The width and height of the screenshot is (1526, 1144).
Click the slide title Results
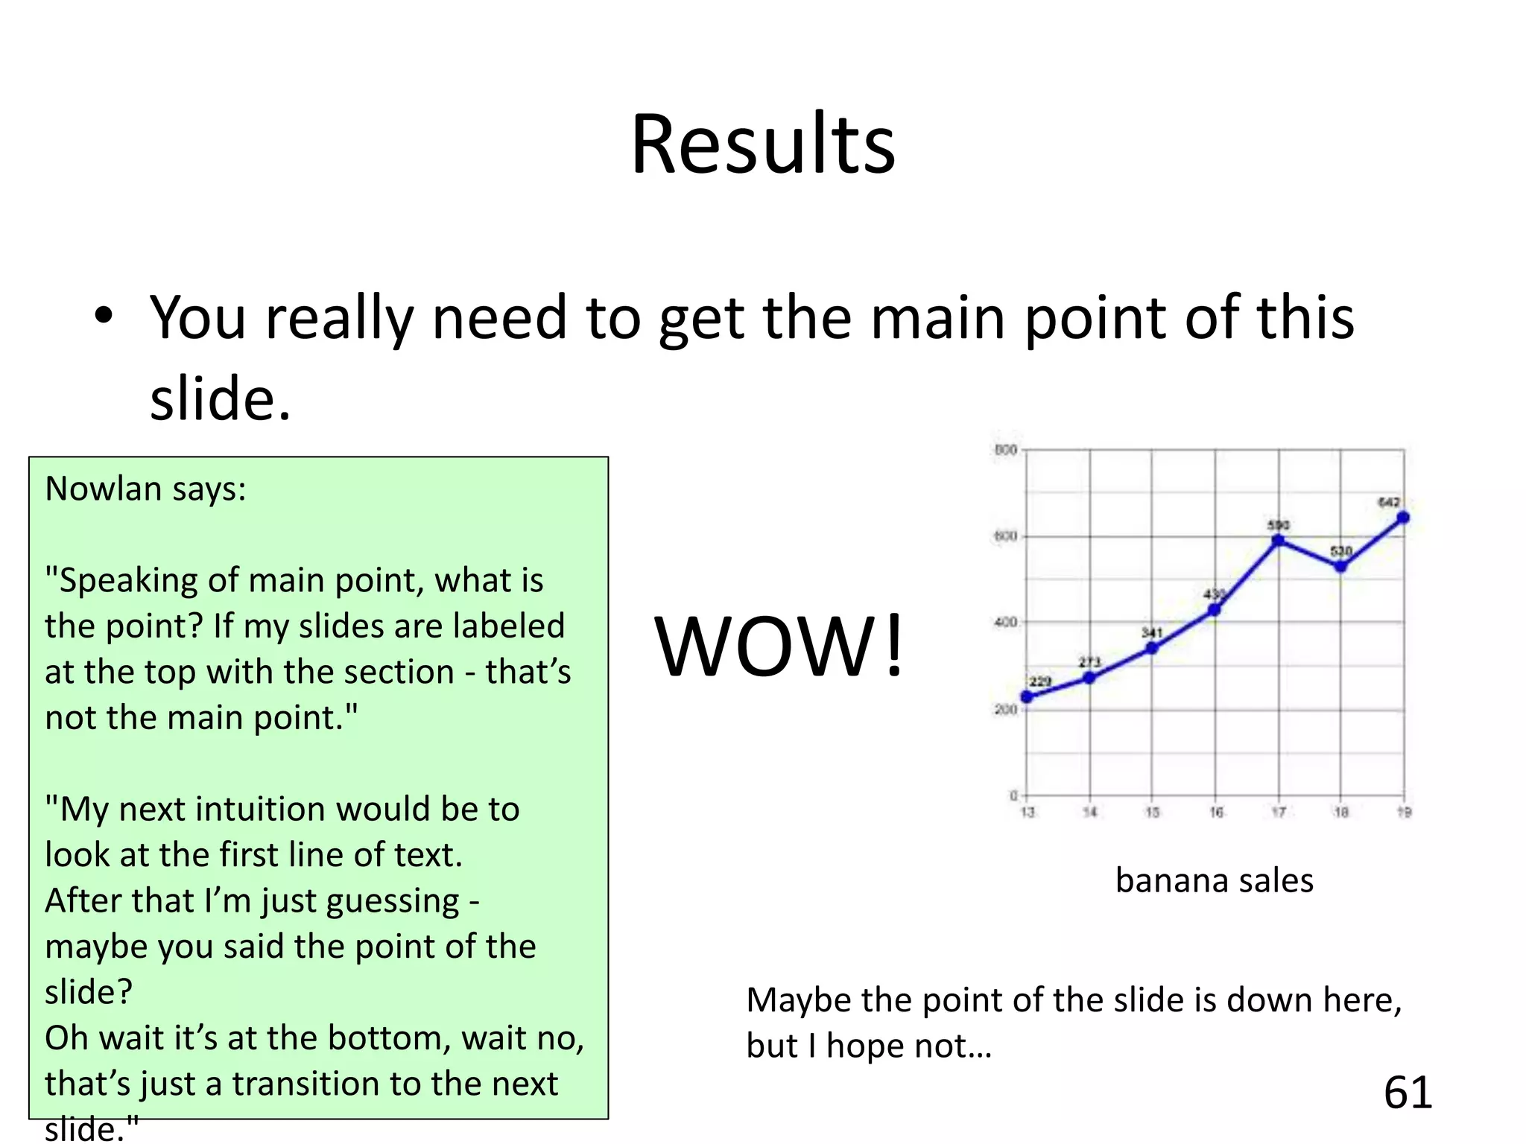point(762,144)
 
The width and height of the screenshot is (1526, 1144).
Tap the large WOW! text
point(779,646)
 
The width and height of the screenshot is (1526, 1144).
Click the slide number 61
point(1408,1093)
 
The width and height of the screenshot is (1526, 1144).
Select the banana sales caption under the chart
point(1214,880)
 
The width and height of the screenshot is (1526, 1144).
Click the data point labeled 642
point(1402,518)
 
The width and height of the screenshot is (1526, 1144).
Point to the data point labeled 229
point(1027,696)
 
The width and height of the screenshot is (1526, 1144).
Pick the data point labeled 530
point(1340,566)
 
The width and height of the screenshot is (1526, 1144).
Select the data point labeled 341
point(1151,648)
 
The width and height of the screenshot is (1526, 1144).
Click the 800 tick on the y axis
point(1005,450)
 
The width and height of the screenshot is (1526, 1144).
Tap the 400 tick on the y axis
point(1005,622)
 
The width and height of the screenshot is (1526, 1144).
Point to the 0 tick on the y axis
point(1013,795)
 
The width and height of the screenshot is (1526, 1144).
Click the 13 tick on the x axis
point(1028,812)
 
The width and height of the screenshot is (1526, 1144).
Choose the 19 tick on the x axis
point(1404,812)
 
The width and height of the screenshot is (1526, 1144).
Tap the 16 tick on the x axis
point(1216,812)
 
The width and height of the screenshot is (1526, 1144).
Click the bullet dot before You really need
point(104,316)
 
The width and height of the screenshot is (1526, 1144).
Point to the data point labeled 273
point(1089,678)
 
